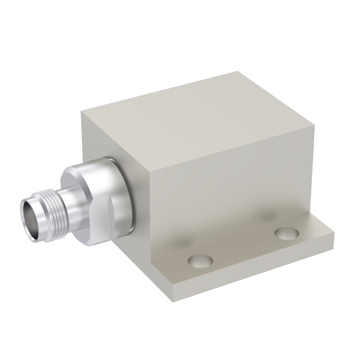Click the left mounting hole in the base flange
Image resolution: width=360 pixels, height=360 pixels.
[200, 260]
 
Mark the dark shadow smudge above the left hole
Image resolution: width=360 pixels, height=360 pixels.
[180, 242]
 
